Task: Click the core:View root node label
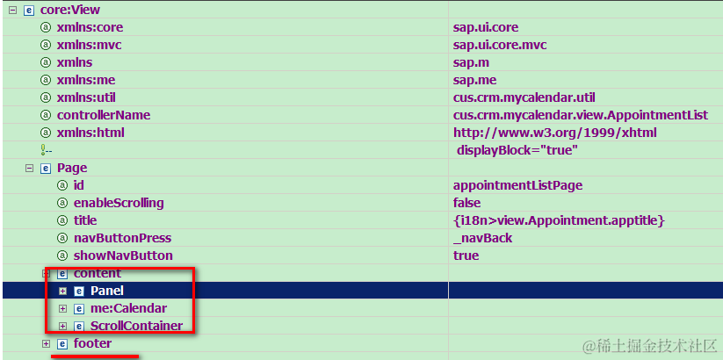(x=70, y=10)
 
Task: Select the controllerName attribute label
(x=104, y=115)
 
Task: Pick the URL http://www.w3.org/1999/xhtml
(x=555, y=133)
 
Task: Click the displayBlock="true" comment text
(x=517, y=150)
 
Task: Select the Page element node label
(x=72, y=168)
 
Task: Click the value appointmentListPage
(x=517, y=185)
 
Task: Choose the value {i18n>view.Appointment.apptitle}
(x=559, y=220)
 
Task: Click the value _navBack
(x=482, y=238)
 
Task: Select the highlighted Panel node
(x=107, y=291)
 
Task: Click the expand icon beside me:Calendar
(x=63, y=308)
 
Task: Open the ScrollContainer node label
(x=136, y=326)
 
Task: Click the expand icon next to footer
(x=47, y=343)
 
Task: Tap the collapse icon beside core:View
(x=12, y=10)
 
